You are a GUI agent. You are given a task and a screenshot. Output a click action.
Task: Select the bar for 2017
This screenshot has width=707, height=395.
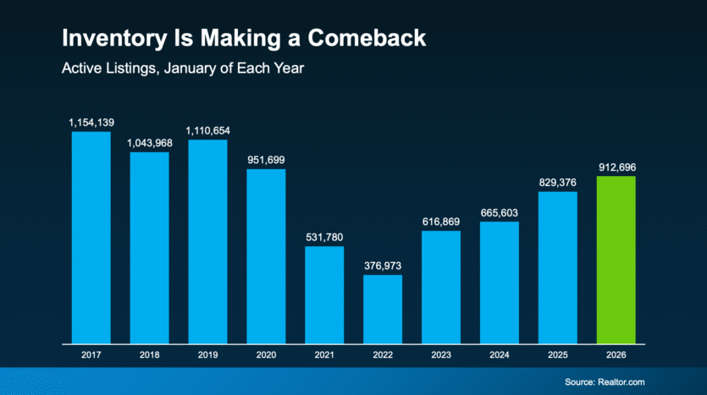click(91, 238)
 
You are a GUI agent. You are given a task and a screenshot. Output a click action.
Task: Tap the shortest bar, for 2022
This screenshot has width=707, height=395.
click(383, 310)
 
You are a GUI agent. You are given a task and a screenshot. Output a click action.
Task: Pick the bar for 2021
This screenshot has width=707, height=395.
click(324, 295)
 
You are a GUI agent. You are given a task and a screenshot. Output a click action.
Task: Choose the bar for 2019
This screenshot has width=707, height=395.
click(207, 242)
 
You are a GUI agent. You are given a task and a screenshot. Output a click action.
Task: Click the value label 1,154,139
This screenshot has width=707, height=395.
click(91, 123)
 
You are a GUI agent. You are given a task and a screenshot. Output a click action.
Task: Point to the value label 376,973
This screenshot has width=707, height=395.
click(383, 266)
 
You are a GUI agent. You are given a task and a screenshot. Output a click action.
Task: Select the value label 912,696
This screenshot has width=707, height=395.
click(616, 167)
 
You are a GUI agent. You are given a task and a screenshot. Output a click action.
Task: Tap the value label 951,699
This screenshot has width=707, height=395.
click(266, 161)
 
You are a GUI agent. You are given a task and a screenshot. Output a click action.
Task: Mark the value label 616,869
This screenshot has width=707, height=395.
click(441, 222)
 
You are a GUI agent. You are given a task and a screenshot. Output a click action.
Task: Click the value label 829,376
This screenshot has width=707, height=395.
click(557, 183)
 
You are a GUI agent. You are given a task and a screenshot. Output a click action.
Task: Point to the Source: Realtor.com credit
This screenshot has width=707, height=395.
click(605, 382)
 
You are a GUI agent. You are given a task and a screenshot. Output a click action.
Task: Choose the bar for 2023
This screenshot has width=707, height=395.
click(441, 288)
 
